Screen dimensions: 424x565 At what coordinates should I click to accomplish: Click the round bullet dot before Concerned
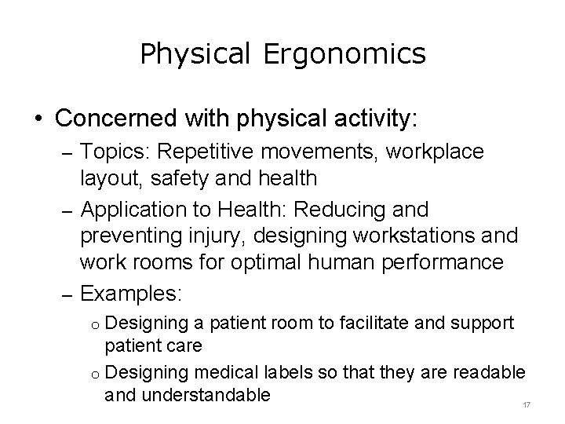pos(37,120)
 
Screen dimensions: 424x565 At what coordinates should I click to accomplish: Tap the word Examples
pos(131,294)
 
